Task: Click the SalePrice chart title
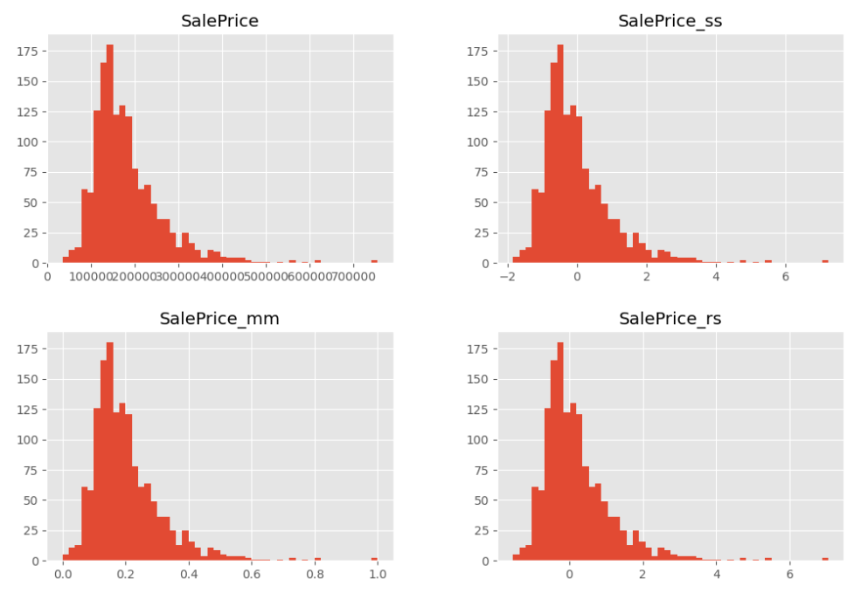coord(219,21)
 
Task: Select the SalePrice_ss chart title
coord(670,21)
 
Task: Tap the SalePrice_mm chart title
coord(219,319)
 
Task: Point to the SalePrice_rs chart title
coord(670,319)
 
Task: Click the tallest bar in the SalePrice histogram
coord(110,157)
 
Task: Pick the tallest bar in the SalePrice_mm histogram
coord(110,454)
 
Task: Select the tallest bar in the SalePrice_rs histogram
coord(560,454)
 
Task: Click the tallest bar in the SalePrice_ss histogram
coord(560,157)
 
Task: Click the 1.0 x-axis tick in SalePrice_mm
coord(378,575)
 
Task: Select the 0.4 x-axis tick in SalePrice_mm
coord(188,575)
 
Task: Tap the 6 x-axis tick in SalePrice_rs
coord(789,575)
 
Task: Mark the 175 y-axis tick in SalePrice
coord(29,51)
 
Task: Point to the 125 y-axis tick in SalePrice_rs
coord(479,410)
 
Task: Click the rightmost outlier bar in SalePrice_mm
coord(374,559)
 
